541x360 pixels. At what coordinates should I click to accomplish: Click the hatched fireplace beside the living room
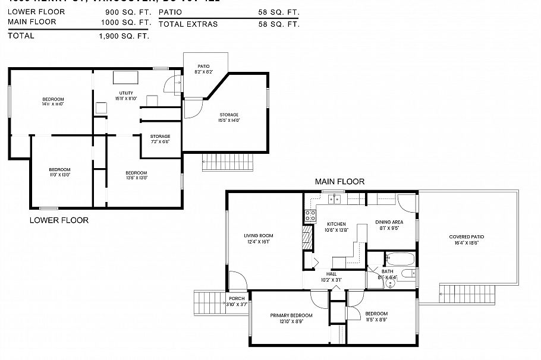307,238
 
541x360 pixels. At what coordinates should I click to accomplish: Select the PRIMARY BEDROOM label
291,315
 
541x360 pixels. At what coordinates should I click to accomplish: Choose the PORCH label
237,298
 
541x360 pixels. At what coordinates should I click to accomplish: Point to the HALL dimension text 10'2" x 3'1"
331,279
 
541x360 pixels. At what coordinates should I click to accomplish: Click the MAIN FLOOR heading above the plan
339,182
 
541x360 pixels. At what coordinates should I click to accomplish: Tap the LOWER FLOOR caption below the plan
59,220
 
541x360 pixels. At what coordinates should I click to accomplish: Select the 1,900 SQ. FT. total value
124,36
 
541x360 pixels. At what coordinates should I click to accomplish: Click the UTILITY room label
126,93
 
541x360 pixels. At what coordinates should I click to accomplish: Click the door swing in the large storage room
191,109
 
